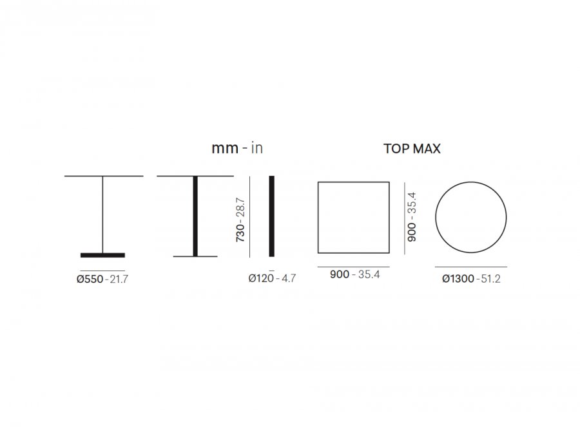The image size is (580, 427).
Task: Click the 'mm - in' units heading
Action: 237,148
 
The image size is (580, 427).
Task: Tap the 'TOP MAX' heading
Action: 412,149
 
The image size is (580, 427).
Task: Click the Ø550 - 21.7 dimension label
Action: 102,279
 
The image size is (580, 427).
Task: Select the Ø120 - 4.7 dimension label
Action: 272,278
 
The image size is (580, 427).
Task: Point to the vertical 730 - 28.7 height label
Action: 240,220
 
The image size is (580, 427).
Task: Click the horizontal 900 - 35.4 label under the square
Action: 354,274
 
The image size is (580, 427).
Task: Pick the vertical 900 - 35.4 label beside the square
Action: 412,217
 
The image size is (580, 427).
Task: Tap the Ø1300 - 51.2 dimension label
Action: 471,278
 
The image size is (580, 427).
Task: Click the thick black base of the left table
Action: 103,255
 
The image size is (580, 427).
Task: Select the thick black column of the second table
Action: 195,216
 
